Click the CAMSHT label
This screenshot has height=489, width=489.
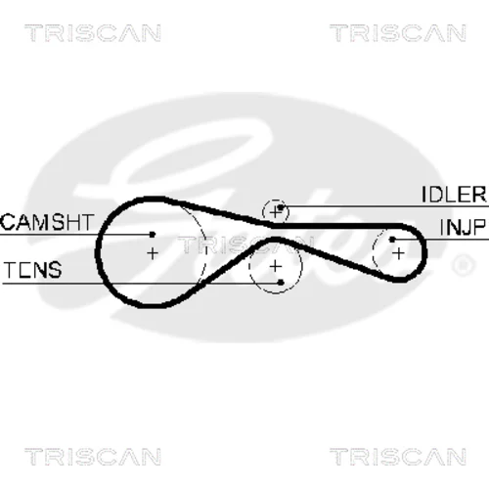click(x=47, y=222)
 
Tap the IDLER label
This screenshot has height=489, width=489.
click(x=454, y=195)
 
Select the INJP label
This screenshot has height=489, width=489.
click(x=463, y=227)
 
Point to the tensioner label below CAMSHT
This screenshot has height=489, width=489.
click(x=32, y=270)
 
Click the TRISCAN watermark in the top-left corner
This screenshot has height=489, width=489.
click(x=93, y=33)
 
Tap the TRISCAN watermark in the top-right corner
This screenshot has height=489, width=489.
click(x=398, y=33)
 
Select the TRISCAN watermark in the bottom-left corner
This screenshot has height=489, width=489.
click(x=93, y=457)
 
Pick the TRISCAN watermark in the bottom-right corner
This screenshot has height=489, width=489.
click(x=398, y=457)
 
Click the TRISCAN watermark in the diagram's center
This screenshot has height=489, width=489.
click(x=245, y=245)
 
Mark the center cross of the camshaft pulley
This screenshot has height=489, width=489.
click(x=153, y=253)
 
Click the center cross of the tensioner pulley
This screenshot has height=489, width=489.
click(x=276, y=267)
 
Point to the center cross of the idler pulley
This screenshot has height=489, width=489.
click(x=276, y=212)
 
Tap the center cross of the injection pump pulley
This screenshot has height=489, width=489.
click(x=398, y=253)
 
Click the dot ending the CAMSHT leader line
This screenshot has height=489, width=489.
click(x=152, y=234)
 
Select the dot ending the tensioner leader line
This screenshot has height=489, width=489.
click(x=281, y=283)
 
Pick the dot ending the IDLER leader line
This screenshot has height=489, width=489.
click(x=280, y=207)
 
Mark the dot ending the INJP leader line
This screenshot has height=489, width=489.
click(x=392, y=240)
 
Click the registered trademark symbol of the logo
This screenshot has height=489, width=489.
click(x=464, y=265)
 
